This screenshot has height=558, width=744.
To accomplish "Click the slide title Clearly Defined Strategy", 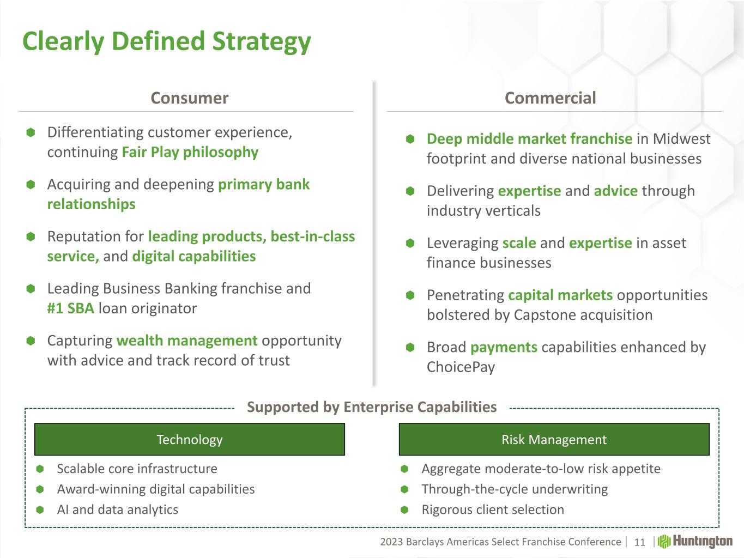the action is [166, 41].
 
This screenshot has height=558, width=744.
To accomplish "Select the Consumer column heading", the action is [190, 98].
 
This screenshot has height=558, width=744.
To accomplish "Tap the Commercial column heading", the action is [550, 98].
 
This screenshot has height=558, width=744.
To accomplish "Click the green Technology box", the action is [190, 439].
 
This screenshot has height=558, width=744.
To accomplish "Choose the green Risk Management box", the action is [554, 439].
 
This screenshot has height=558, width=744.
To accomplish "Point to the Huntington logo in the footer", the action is [695, 541].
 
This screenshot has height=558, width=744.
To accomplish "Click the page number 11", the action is [639, 542].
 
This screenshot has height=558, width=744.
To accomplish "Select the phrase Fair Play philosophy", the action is [190, 153].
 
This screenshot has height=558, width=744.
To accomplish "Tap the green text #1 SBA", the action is [70, 308].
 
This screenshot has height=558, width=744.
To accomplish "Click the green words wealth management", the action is [187, 341].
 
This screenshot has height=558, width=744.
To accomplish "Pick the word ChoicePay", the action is [461, 367].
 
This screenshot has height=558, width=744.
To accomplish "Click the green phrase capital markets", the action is [560, 295].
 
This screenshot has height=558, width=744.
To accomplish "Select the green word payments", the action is [504, 348].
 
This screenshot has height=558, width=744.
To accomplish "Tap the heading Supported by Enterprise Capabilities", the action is [372, 407].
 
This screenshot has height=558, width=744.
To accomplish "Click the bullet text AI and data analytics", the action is [117, 509].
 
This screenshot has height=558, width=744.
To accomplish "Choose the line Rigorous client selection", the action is [493, 510].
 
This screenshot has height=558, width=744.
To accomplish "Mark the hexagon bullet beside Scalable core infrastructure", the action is [40, 469].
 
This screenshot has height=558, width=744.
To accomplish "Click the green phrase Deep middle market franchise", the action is [529, 139].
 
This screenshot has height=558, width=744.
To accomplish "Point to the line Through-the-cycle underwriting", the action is [515, 489].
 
